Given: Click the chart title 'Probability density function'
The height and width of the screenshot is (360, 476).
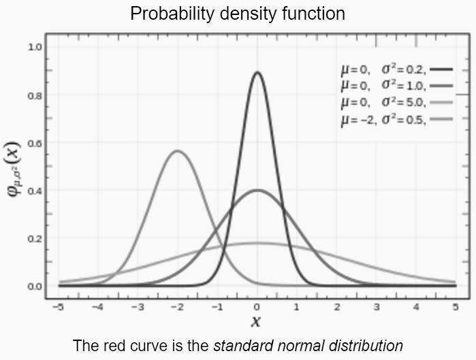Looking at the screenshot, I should point(238,14).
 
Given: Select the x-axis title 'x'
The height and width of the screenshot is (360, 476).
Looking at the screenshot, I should point(257,321).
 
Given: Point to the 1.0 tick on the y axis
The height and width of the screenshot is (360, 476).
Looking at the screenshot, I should point(34,48).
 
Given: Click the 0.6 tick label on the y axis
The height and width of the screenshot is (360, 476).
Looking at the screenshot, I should point(34,143).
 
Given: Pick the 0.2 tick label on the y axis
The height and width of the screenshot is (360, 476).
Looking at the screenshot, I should point(34,239).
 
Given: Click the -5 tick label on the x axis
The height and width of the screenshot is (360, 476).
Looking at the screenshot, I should point(59,307).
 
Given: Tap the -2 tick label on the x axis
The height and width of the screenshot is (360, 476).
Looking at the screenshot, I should point(178,307).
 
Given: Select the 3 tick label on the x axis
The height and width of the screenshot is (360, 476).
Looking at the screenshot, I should point(376,307).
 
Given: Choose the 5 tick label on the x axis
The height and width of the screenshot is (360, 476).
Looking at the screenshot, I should point(455,307).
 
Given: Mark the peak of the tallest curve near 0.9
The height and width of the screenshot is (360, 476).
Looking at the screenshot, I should point(257,72).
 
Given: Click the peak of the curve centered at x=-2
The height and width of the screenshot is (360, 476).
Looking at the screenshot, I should point(178,151).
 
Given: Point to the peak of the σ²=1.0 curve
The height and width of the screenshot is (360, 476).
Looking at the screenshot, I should point(257,191).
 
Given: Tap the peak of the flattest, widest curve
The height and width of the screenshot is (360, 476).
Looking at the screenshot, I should point(257,243).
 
